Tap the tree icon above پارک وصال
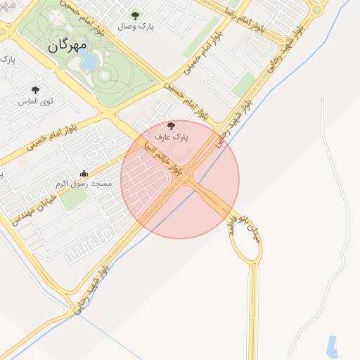point(136,15)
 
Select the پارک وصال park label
point(136,26)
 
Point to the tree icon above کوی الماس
point(35,90)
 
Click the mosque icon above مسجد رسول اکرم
point(84,173)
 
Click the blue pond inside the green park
point(89,60)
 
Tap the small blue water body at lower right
point(332,345)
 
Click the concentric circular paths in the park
point(106,74)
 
